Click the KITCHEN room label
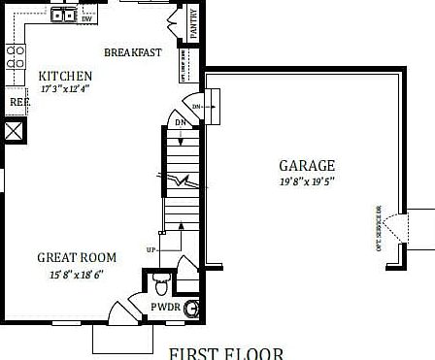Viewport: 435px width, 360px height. (65, 76)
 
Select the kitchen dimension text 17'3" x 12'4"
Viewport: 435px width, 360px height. (65, 89)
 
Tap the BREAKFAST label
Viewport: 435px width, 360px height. (132, 52)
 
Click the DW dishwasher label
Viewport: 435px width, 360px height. (87, 18)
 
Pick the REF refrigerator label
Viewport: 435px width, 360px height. (18, 101)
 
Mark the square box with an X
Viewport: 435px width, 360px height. (14, 131)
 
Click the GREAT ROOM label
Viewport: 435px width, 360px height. (77, 257)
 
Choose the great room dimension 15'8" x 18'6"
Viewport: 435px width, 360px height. (77, 274)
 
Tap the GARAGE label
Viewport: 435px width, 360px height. (307, 165)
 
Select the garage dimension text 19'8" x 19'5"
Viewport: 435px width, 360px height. (307, 180)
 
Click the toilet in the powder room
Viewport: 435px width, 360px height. (161, 282)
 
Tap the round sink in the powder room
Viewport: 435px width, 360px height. (193, 308)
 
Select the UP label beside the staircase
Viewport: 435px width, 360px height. (151, 250)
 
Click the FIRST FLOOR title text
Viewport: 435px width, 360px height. (225, 352)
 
